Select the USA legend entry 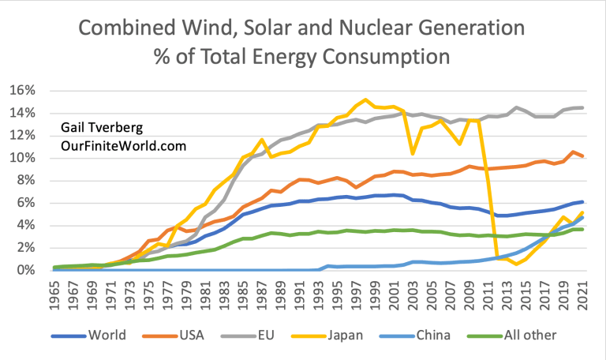(x=189, y=336)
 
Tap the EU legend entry (x=265, y=336)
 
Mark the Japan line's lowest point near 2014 (x=516, y=264)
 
